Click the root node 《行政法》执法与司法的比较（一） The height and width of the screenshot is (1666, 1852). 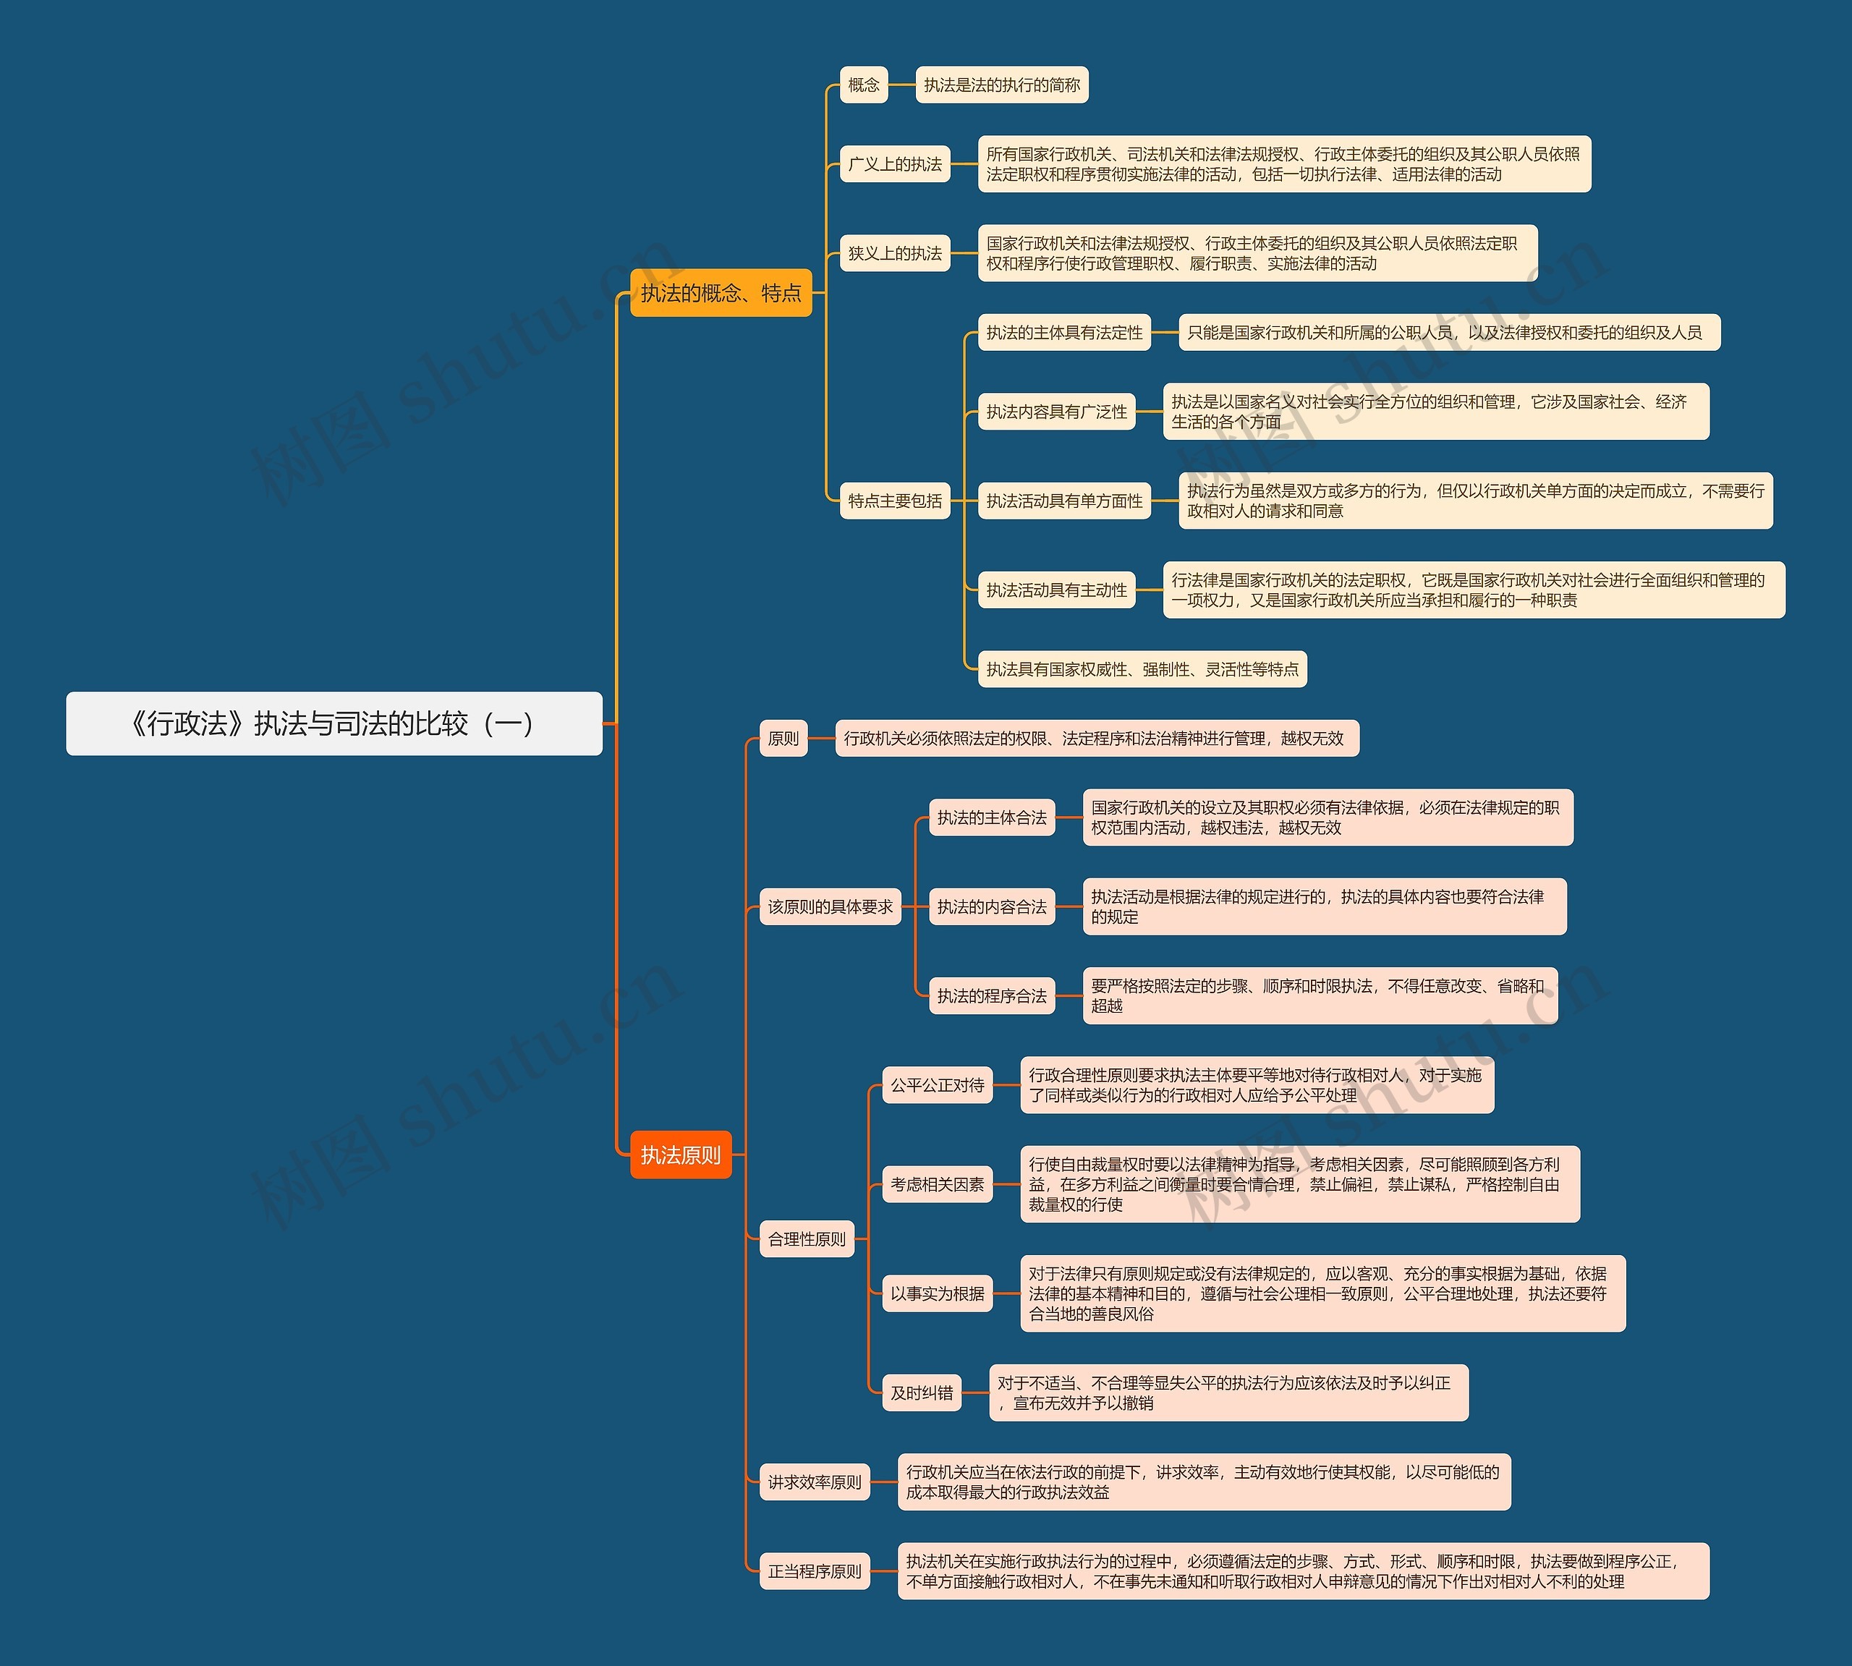(x=334, y=723)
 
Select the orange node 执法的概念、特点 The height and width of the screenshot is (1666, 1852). (x=721, y=293)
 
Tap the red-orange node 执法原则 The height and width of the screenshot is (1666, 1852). (x=680, y=1155)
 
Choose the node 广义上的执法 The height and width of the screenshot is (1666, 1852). (x=894, y=164)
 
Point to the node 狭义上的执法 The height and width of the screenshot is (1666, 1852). (x=894, y=252)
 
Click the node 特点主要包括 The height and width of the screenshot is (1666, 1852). (x=894, y=501)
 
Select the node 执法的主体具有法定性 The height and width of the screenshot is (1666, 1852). (x=1063, y=332)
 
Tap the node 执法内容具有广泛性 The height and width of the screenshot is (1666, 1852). (x=1056, y=412)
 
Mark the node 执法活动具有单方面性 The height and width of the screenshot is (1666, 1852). (x=1063, y=501)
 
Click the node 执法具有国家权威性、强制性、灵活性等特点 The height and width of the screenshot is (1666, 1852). (x=1142, y=669)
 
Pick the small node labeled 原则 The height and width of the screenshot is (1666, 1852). (x=783, y=738)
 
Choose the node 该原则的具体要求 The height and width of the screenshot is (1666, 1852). (x=829, y=906)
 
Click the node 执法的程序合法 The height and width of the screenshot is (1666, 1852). (x=991, y=995)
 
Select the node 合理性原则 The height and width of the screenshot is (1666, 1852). (x=807, y=1238)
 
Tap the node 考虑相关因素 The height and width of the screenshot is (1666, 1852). (x=937, y=1183)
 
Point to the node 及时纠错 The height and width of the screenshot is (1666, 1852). (x=921, y=1393)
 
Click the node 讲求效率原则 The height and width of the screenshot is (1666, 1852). (x=814, y=1481)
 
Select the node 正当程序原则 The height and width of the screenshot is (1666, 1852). (x=814, y=1571)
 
